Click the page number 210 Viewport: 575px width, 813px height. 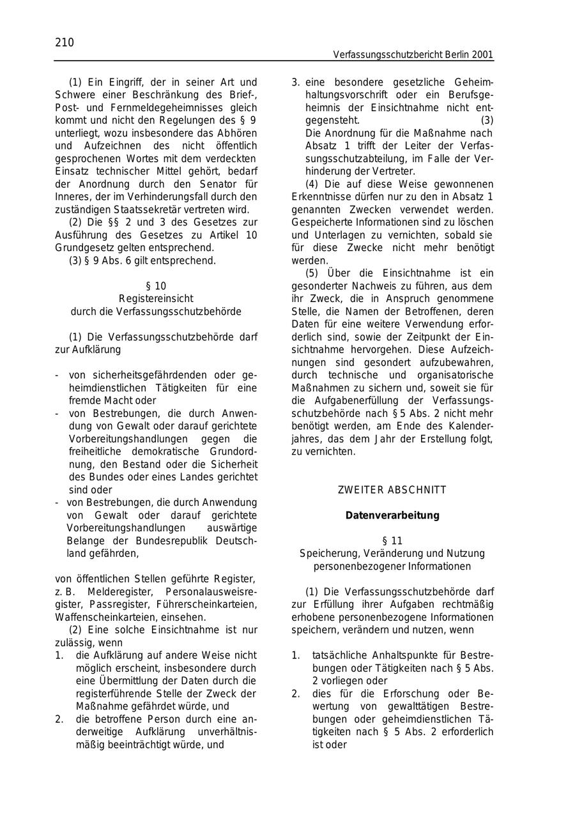[x=65, y=43]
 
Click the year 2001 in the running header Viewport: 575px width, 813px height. [x=482, y=55]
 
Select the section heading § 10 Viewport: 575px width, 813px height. [x=156, y=286]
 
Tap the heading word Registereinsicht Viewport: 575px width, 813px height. [x=156, y=299]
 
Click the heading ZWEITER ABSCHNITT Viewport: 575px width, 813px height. [x=392, y=490]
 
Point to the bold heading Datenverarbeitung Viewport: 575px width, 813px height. [x=392, y=515]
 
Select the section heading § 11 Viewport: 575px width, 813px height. [x=392, y=541]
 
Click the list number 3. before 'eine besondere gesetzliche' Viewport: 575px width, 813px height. [x=296, y=82]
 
